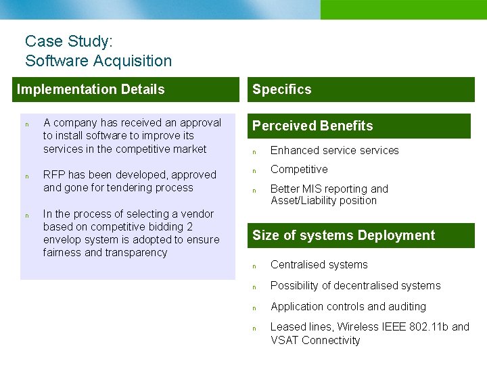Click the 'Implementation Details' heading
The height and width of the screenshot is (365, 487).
point(91,89)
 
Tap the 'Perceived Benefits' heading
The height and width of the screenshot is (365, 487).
point(312,126)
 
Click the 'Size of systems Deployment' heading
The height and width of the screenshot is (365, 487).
point(344,235)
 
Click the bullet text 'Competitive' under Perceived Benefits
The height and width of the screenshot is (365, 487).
point(299,169)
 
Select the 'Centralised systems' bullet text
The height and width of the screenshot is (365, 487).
point(319,264)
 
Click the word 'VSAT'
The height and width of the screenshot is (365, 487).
point(285,340)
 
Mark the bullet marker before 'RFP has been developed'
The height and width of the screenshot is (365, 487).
point(27,176)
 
